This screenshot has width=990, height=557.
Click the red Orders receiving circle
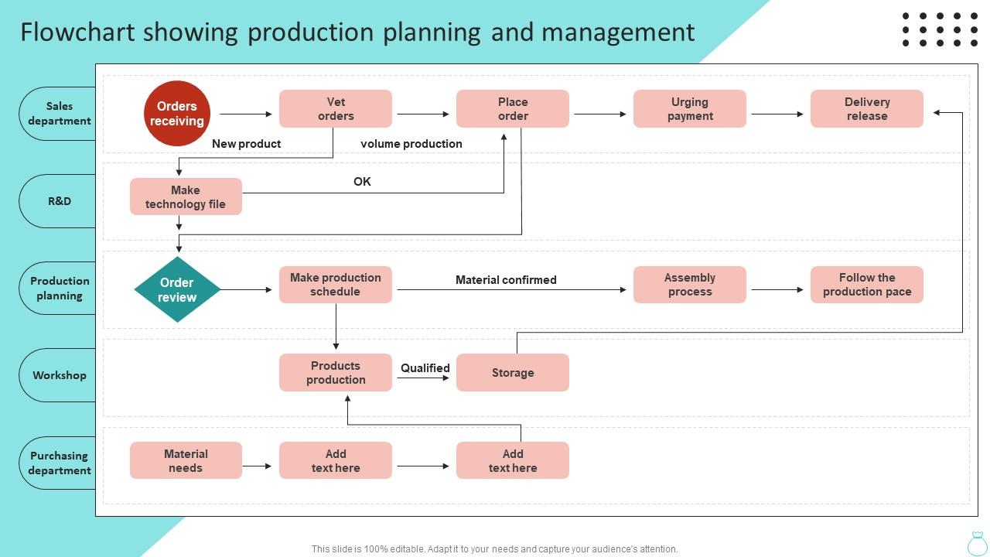click(x=176, y=114)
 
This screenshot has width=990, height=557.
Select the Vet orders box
click(x=336, y=109)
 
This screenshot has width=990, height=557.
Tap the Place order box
click(x=512, y=109)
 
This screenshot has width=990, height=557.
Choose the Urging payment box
click(x=689, y=109)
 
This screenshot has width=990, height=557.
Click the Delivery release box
click(x=866, y=109)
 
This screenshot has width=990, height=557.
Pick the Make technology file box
click(x=186, y=197)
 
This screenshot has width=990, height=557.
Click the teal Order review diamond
click(x=177, y=290)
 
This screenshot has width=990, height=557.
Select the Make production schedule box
click(x=336, y=285)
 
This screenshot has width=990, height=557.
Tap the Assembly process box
click(x=689, y=285)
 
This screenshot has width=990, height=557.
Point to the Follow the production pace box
click(x=866, y=285)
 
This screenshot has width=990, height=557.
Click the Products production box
click(x=336, y=373)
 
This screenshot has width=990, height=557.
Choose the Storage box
click(x=512, y=373)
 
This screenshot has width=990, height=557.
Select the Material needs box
click(x=186, y=461)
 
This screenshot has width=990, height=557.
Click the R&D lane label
click(x=60, y=201)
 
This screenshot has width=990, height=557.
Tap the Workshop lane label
click(x=60, y=375)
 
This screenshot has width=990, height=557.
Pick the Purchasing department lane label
click(x=60, y=463)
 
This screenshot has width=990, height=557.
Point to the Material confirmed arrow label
click(x=506, y=280)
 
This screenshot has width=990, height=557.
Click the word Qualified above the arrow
click(x=425, y=368)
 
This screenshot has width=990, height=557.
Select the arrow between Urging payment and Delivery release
click(x=777, y=114)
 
